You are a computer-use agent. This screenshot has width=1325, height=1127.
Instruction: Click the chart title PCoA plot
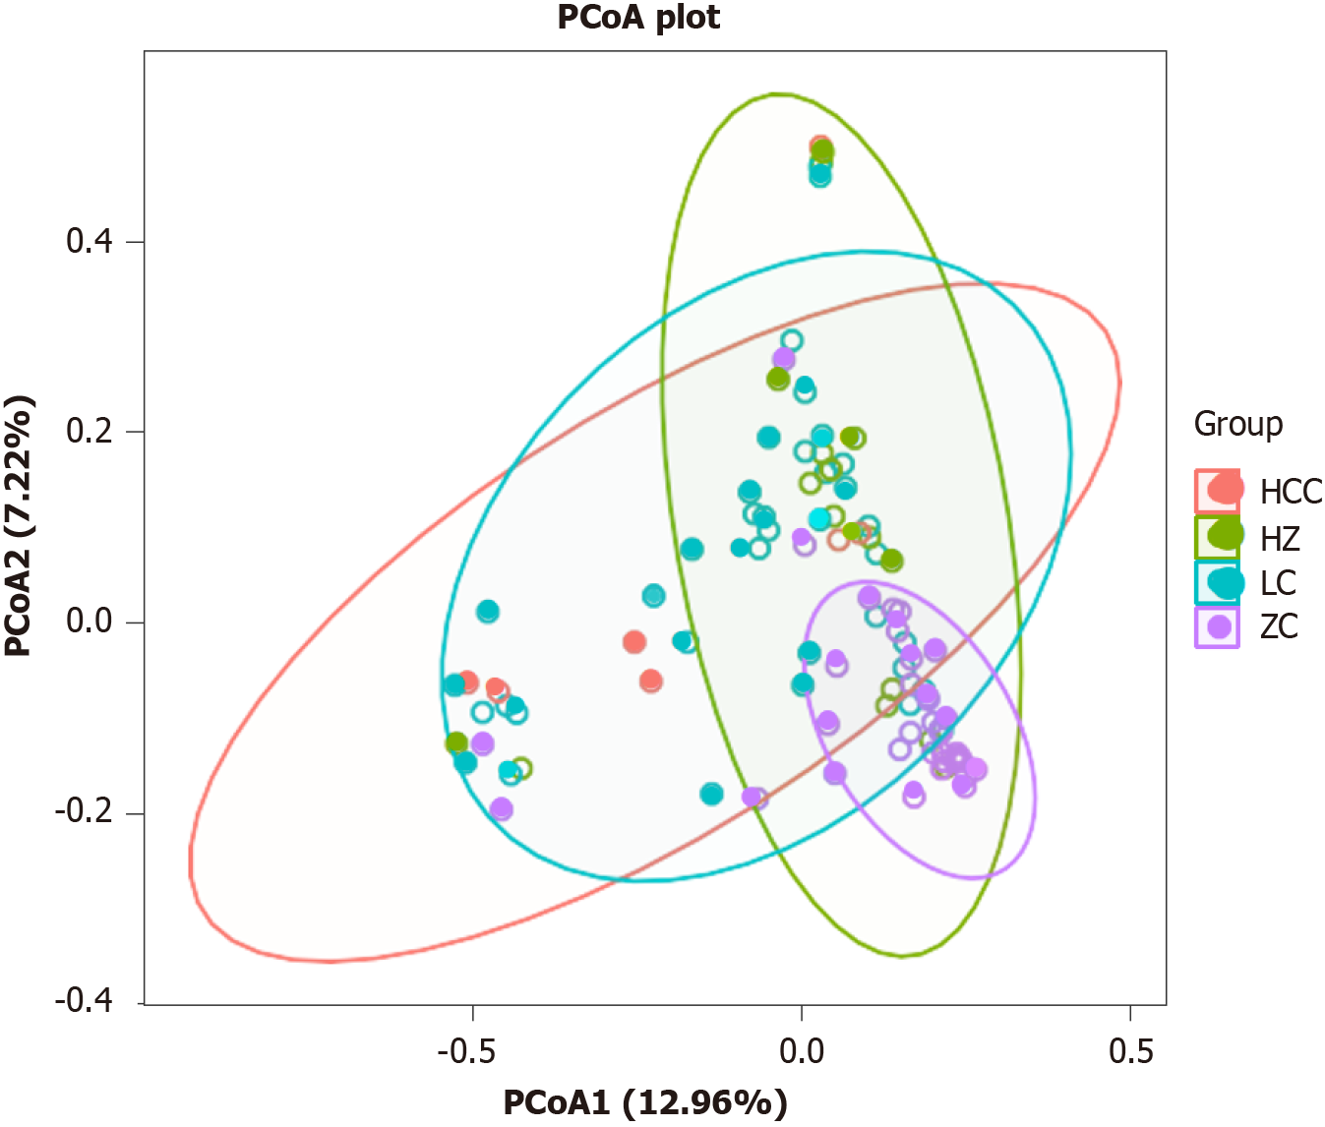[638, 18]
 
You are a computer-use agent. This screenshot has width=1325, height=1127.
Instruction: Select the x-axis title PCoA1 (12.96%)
[645, 1102]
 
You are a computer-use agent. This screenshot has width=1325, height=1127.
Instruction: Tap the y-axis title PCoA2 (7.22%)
[20, 525]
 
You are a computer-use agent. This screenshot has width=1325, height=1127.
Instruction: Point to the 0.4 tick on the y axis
[90, 242]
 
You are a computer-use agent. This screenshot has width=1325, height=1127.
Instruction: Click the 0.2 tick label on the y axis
[90, 432]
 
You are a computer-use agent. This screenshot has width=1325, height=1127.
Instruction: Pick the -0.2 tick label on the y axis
[85, 812]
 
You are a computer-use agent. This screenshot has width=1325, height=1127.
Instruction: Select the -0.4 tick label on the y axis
[85, 1002]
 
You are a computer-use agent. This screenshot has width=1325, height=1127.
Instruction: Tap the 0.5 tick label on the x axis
[1130, 1051]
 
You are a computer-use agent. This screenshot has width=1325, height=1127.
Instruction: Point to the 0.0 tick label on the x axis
[802, 1051]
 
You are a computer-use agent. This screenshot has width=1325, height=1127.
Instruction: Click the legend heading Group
[1238, 424]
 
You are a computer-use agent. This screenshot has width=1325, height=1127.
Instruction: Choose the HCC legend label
[1291, 491]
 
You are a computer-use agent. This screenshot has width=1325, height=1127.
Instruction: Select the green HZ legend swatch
[1219, 536]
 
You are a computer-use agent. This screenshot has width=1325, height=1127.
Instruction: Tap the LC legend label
[1278, 582]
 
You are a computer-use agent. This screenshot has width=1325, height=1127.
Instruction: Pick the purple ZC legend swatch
[1219, 626]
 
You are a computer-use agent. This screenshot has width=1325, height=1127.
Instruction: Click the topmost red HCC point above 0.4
[819, 146]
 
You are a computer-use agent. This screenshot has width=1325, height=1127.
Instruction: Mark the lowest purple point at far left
[501, 809]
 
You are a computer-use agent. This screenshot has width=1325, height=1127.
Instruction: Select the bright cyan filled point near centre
[819, 519]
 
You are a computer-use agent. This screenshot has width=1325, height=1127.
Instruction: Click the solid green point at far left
[456, 742]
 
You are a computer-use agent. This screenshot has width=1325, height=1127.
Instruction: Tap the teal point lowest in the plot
[712, 794]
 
